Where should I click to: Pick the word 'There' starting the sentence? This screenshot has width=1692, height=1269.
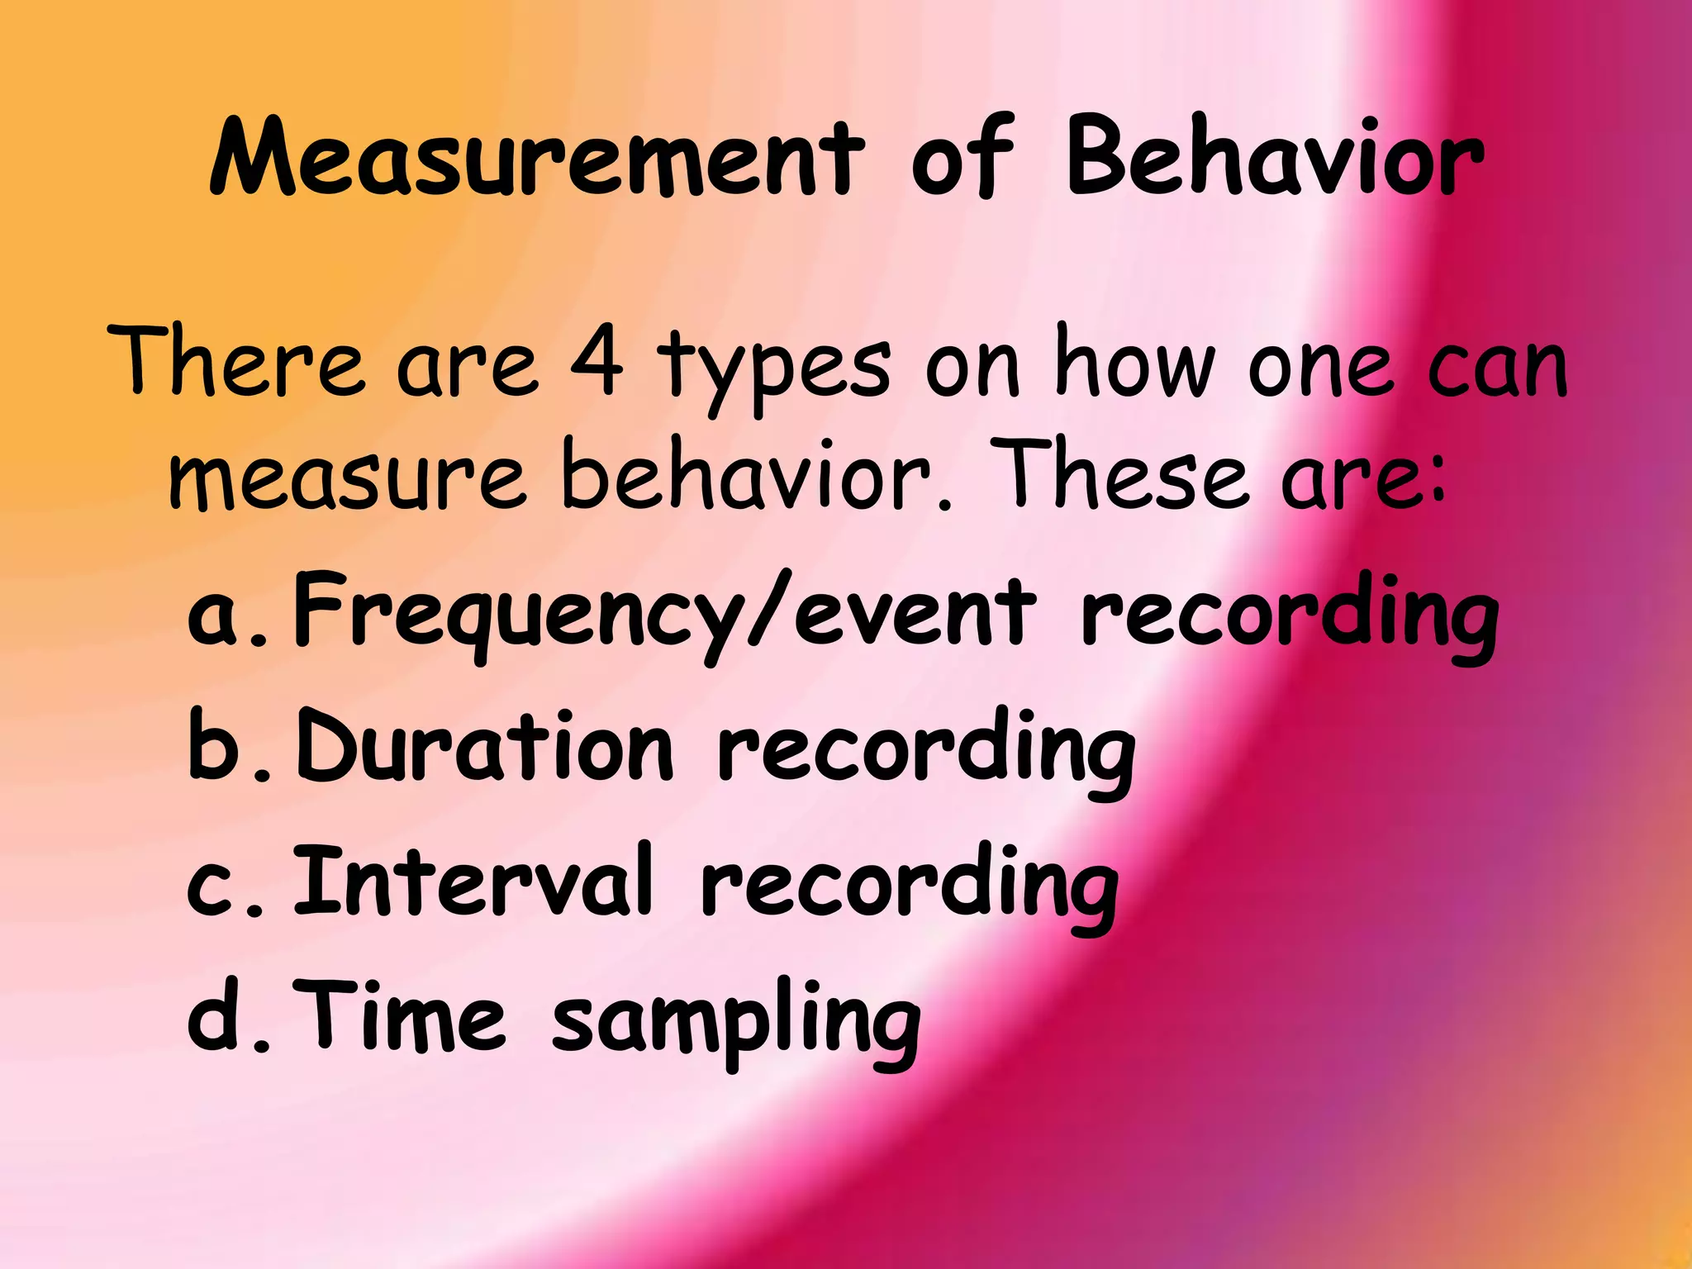(x=236, y=362)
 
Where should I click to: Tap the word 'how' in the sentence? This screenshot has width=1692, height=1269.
(x=1136, y=362)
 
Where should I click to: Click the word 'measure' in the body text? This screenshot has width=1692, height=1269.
(x=347, y=478)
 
